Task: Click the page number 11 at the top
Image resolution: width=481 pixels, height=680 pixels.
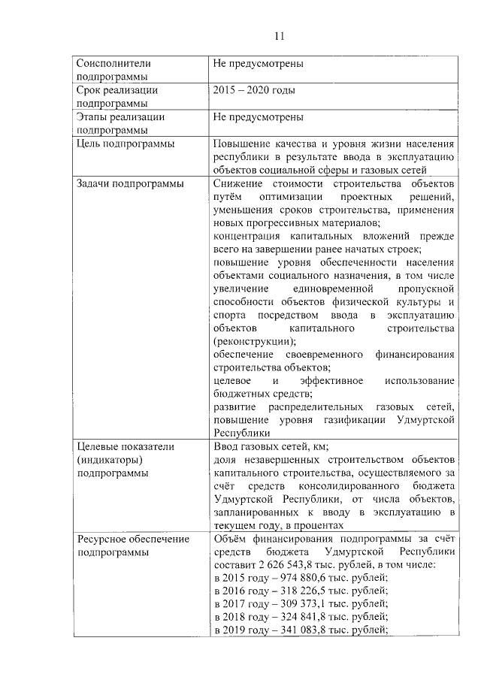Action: point(279,36)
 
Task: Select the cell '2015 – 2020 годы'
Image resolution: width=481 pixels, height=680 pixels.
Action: point(254,91)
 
